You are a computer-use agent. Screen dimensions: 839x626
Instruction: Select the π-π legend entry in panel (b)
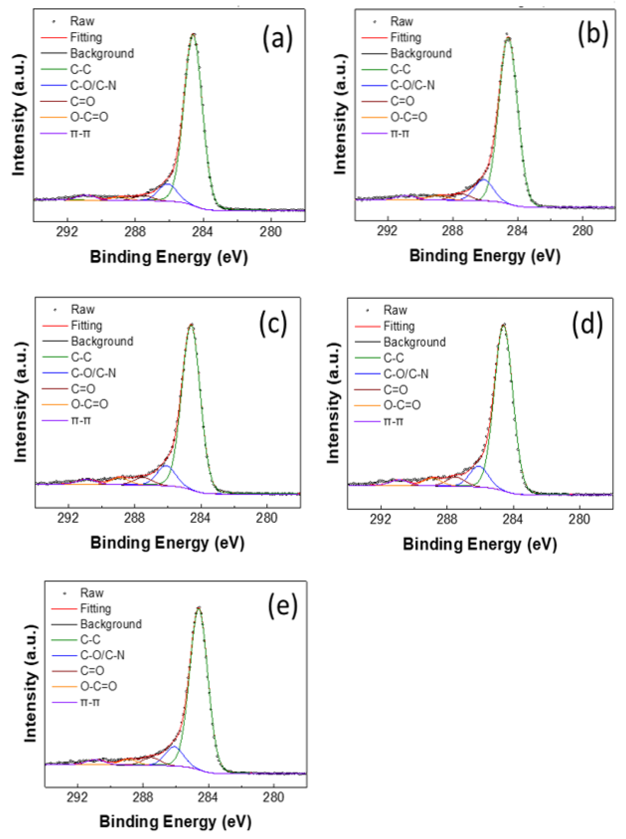[x=400, y=133]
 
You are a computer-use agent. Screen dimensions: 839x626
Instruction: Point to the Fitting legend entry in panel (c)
[x=86, y=325]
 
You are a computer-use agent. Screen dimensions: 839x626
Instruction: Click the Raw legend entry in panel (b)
[x=401, y=22]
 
